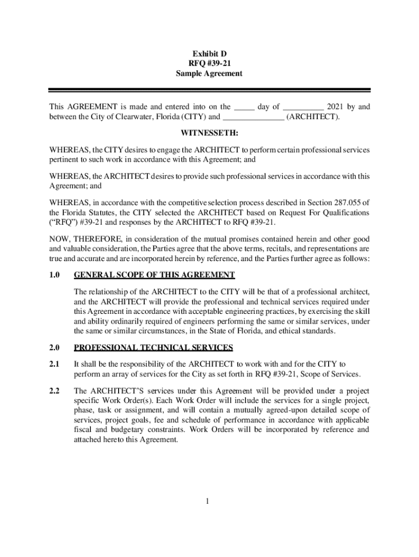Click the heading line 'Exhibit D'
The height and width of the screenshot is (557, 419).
click(209, 54)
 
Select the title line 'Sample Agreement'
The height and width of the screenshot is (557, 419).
click(209, 73)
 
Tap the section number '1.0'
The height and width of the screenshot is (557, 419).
click(54, 275)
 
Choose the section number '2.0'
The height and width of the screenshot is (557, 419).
click(54, 348)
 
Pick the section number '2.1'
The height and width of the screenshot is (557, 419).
click(54, 363)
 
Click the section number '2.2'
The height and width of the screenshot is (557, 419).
click(54, 391)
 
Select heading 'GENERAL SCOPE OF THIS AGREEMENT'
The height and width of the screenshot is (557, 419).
click(154, 275)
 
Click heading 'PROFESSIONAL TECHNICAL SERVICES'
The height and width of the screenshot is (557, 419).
click(153, 348)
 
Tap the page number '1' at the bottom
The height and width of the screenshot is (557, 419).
click(208, 501)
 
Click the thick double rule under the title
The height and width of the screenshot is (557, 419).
click(209, 90)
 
